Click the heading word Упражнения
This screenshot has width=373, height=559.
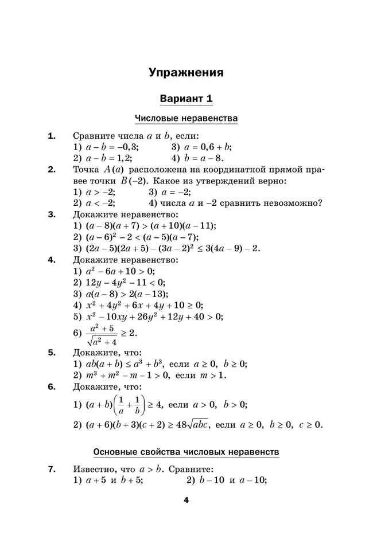pos(186,73)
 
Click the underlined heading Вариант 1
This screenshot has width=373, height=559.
pos(186,98)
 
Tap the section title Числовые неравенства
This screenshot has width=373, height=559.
pos(186,119)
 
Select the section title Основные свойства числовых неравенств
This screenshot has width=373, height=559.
pos(186,452)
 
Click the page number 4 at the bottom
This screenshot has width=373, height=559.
pos(186,500)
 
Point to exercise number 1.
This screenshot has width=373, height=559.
pos(52,136)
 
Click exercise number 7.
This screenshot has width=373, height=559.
pos(52,470)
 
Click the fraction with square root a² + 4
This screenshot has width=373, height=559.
pos(103,333)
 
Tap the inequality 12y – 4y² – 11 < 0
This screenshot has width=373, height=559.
pos(125,282)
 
